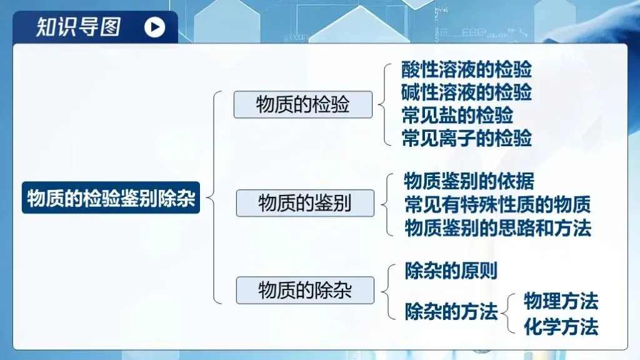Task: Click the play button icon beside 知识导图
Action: tap(155, 27)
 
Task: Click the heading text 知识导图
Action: tap(78, 27)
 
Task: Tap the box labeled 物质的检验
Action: tap(302, 104)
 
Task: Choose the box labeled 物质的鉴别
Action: tap(304, 203)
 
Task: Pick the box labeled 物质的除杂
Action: tap(304, 290)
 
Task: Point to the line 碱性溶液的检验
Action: tap(466, 92)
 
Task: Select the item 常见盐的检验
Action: tap(457, 115)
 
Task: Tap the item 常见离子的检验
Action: tap(466, 137)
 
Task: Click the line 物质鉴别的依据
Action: tap(469, 181)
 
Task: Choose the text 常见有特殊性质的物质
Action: tap(497, 204)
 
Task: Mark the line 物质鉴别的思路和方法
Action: tap(497, 227)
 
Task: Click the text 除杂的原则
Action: tap(451, 271)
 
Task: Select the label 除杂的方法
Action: tap(451, 311)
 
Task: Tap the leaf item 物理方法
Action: tap(561, 302)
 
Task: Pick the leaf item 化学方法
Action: tap(561, 326)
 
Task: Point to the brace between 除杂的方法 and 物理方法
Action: tap(511, 313)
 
